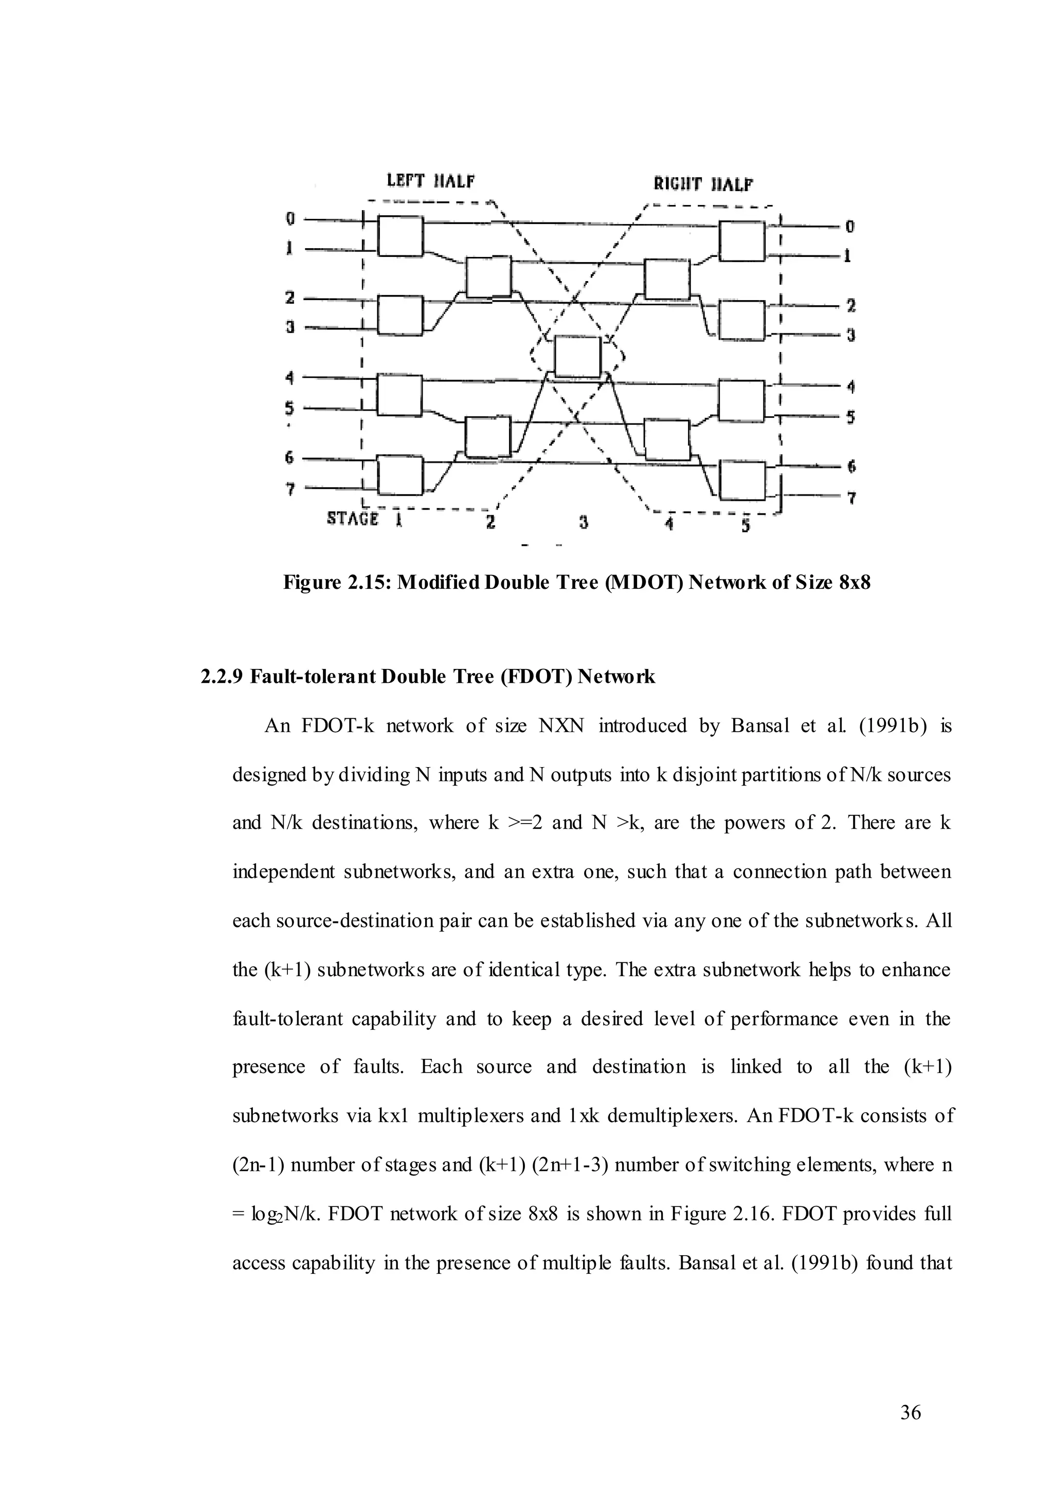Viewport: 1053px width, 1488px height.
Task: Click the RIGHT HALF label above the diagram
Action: (x=703, y=184)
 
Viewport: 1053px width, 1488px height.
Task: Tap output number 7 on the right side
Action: (x=851, y=498)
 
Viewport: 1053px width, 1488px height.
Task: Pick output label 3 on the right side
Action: (x=851, y=335)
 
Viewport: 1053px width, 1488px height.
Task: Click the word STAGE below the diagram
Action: (x=353, y=518)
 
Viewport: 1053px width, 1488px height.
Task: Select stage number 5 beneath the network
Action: (x=746, y=525)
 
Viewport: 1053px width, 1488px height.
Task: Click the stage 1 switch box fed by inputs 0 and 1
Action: (x=400, y=236)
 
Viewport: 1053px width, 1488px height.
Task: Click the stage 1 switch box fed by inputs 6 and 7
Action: (x=400, y=475)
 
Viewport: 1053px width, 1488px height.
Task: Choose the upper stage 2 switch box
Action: (x=488, y=277)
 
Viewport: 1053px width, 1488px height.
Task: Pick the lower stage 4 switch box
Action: (x=666, y=439)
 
